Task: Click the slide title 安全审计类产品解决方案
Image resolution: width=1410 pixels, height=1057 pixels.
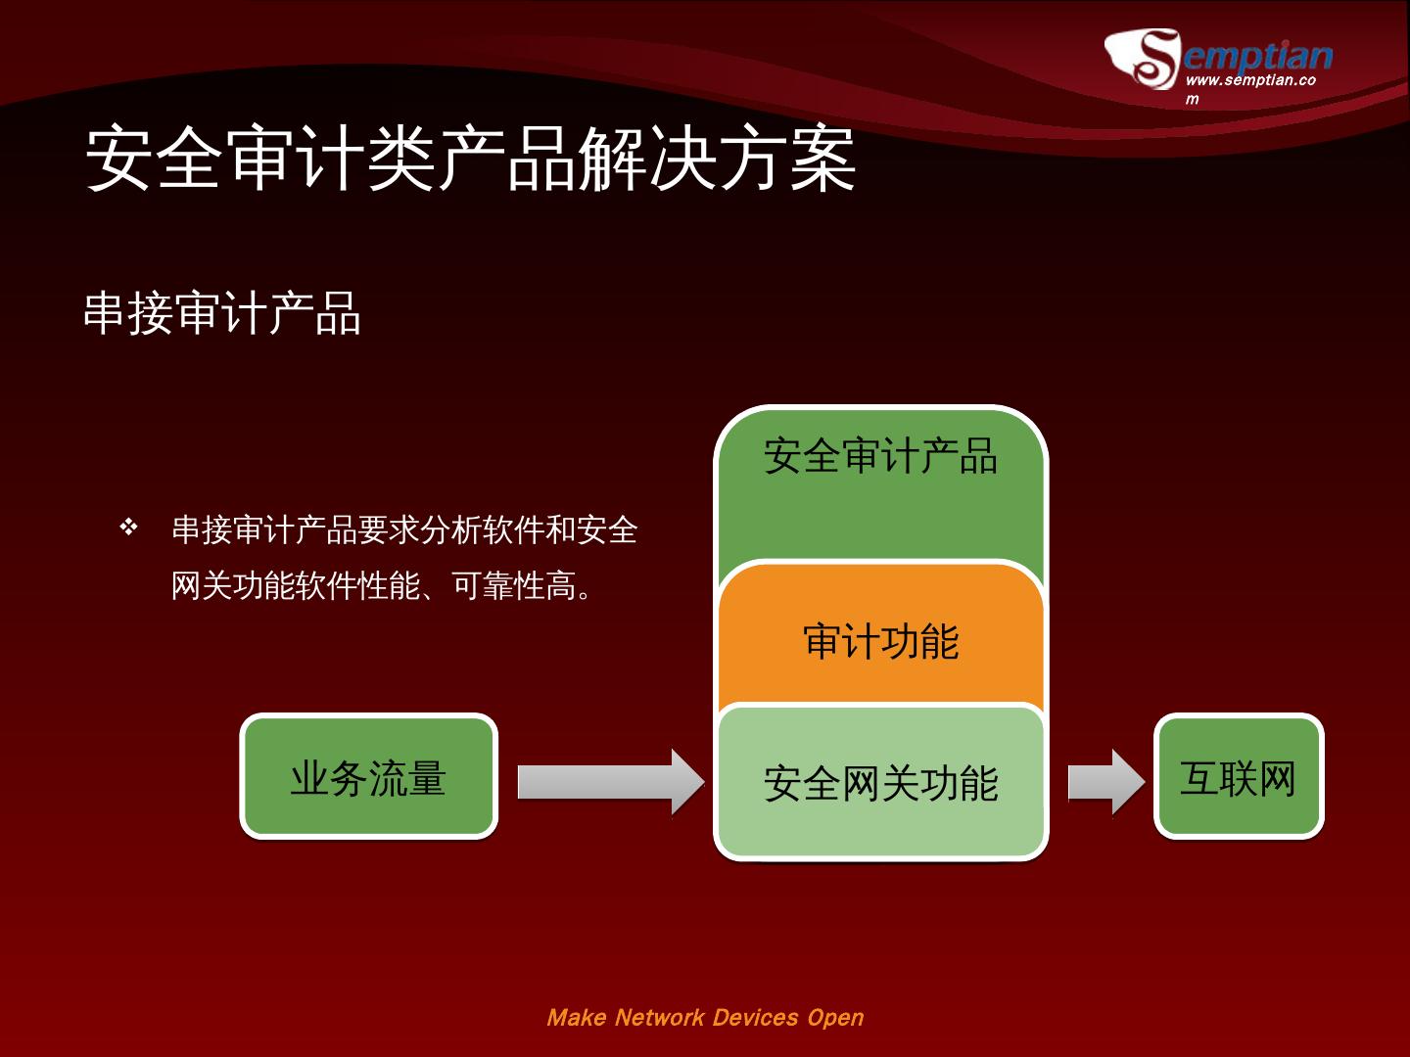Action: click(x=470, y=159)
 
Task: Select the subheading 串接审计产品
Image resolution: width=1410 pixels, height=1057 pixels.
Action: click(x=222, y=314)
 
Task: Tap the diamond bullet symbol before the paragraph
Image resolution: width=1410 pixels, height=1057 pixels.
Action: click(x=128, y=528)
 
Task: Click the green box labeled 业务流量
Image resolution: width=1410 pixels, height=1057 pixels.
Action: click(x=369, y=777)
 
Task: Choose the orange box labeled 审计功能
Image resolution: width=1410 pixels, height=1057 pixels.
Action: click(x=880, y=642)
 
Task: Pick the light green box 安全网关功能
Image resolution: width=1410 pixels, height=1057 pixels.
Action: click(x=880, y=783)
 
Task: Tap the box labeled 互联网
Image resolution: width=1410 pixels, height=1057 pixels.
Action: click(x=1239, y=777)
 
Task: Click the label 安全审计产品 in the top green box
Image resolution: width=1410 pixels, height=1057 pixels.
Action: click(x=880, y=456)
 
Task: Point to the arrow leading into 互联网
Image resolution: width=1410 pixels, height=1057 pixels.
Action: click(x=1105, y=781)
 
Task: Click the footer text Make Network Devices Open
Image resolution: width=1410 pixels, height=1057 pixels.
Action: click(x=705, y=1018)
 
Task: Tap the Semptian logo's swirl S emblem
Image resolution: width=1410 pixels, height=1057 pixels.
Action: click(x=1144, y=59)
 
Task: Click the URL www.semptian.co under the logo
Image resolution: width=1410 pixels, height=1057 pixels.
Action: click(x=1249, y=80)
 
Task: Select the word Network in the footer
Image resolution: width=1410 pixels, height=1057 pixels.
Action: click(x=659, y=1018)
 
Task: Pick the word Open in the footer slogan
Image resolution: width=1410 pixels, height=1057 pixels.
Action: click(x=835, y=1018)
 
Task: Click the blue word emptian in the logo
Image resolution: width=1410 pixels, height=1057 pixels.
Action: click(x=1259, y=55)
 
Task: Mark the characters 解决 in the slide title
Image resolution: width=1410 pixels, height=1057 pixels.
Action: click(x=646, y=159)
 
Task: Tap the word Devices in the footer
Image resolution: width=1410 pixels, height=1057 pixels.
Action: click(x=755, y=1018)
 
